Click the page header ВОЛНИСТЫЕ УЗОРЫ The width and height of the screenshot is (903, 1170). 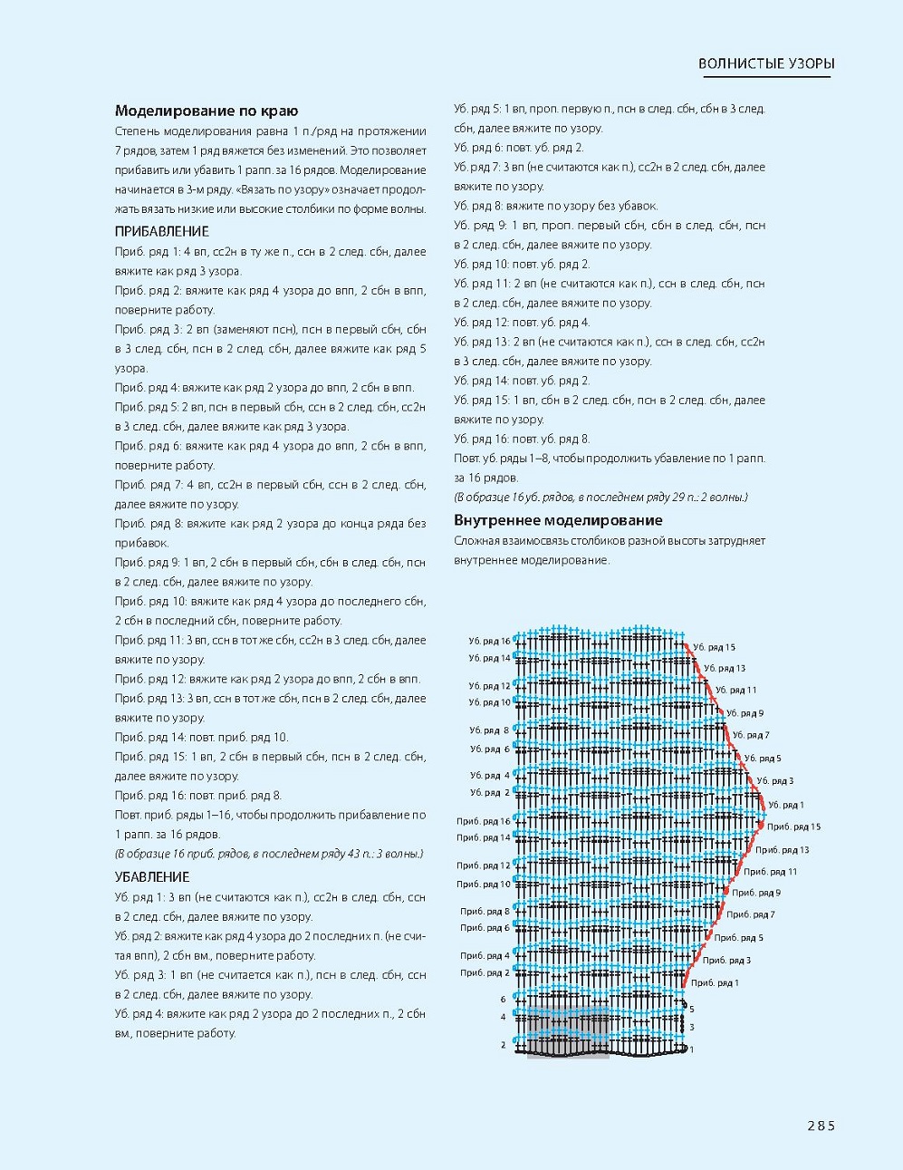coord(766,63)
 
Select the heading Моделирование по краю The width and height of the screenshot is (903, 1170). coord(206,111)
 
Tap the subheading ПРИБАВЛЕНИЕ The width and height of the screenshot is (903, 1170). coord(161,231)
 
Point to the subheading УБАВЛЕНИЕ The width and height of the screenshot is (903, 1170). coord(151,876)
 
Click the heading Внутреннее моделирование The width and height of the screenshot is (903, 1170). coord(558,520)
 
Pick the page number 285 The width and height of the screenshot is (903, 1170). coord(821,1126)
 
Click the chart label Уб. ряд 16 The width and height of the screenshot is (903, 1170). coord(489,641)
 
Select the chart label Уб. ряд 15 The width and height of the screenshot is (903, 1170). coord(715,647)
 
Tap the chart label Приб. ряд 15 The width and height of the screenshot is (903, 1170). coord(793,827)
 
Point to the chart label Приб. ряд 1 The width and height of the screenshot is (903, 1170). coord(715,982)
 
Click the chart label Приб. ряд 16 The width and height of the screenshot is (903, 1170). coord(484,821)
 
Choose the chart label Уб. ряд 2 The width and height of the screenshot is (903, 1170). coord(490,793)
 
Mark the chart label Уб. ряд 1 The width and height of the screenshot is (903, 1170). coord(786,805)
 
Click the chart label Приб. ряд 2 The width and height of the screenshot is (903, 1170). coord(485,973)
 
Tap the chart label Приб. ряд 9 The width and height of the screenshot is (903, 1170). coord(755,893)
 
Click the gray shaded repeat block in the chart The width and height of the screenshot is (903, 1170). coord(567,1033)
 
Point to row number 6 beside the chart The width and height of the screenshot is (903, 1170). coord(504,1000)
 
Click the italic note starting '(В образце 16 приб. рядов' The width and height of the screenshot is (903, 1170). coord(268,854)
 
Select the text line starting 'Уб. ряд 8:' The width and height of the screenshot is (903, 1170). coord(556,206)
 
